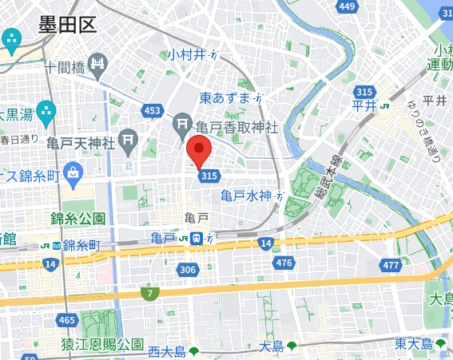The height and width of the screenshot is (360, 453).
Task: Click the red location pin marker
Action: tap(198, 151)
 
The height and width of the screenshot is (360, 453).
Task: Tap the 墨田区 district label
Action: tap(67, 25)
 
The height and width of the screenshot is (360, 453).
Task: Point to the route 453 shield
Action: tap(153, 111)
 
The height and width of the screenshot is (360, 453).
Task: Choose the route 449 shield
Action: tap(346, 7)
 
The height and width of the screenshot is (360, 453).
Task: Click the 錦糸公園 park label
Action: tap(77, 218)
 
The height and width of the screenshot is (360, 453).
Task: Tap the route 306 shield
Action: tap(188, 270)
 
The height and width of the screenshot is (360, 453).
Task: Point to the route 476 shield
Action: tap(283, 263)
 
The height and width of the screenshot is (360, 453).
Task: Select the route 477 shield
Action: tap(391, 265)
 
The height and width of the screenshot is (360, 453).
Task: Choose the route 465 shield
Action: tap(67, 320)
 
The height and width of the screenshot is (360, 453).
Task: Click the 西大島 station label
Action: tap(167, 350)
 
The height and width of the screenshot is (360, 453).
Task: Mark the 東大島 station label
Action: tap(413, 344)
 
